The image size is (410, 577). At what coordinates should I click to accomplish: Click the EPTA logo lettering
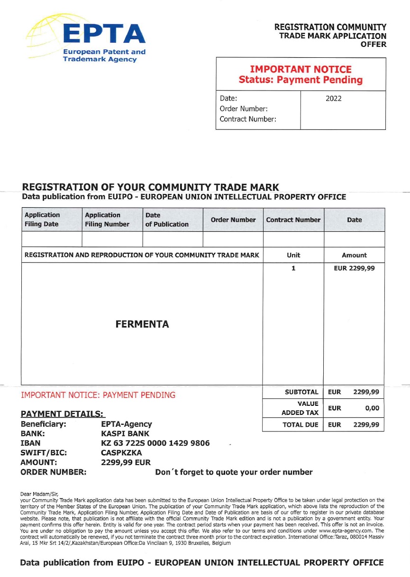click(104, 33)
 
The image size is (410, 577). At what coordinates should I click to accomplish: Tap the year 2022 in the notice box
click(333, 99)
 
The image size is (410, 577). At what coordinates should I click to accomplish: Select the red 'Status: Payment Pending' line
click(301, 80)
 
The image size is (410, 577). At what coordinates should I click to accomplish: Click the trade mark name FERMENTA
click(142, 324)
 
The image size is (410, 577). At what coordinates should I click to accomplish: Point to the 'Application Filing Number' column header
click(107, 220)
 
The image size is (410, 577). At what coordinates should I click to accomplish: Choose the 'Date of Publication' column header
click(167, 220)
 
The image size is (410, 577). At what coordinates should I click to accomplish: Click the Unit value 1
click(293, 268)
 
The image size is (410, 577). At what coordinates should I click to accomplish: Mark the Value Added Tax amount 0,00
click(372, 408)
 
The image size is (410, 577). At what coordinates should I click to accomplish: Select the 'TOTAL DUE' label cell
click(301, 425)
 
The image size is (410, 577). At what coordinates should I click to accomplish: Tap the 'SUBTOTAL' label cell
click(301, 392)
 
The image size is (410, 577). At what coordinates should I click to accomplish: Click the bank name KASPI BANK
click(125, 433)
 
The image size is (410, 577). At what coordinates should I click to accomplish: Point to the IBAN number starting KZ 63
click(155, 443)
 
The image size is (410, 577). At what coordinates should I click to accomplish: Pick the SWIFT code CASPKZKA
click(122, 452)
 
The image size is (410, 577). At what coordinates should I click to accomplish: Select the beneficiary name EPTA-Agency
click(127, 424)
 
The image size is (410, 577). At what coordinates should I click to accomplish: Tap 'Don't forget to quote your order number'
click(234, 472)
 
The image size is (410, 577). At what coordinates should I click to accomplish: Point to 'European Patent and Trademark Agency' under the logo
click(104, 55)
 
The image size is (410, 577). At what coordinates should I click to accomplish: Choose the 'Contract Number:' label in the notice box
click(248, 119)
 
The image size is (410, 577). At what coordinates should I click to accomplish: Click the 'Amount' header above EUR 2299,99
click(354, 255)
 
